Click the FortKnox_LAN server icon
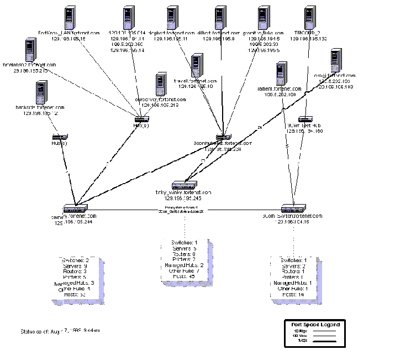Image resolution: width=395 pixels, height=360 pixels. (x=69, y=19)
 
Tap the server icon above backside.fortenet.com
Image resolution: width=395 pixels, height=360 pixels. (x=40, y=92)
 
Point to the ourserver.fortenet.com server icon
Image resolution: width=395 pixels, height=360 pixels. (x=161, y=84)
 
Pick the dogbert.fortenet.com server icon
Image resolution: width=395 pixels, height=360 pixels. (x=172, y=19)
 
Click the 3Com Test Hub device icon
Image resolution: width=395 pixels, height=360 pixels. (x=306, y=118)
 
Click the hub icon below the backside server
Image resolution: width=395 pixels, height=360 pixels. (x=60, y=136)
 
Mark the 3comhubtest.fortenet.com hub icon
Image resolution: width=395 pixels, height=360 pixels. (x=222, y=137)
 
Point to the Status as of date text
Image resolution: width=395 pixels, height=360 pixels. (x=60, y=332)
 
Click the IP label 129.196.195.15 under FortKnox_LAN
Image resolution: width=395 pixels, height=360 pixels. (x=69, y=39)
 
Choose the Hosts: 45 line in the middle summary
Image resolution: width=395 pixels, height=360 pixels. (x=182, y=277)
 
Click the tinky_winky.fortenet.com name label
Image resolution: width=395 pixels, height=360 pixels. (x=180, y=192)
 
